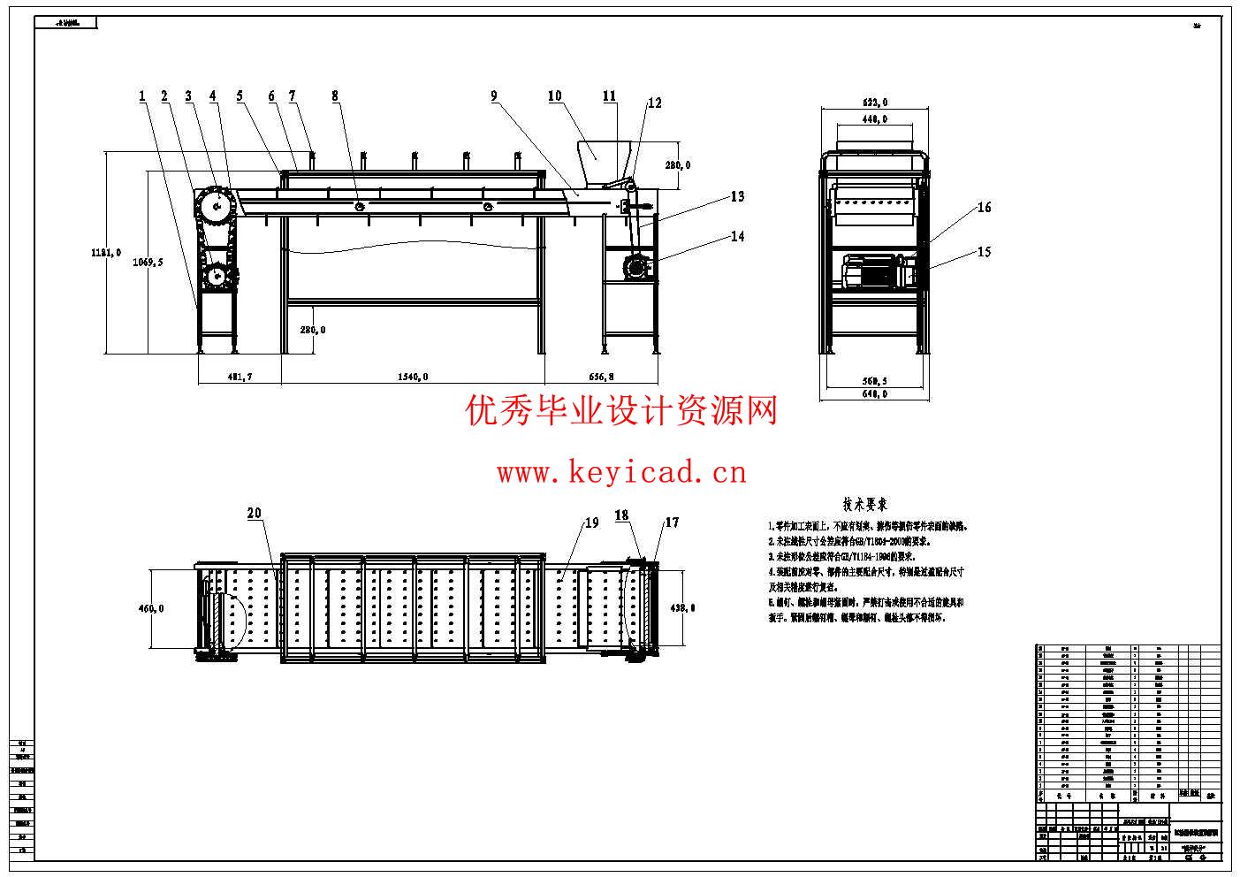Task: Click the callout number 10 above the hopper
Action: point(554,96)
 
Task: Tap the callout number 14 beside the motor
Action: point(737,236)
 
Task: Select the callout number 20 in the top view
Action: point(255,514)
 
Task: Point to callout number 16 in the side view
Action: point(984,208)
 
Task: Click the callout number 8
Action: point(335,95)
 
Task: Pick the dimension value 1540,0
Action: point(413,377)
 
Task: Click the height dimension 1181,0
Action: point(104,253)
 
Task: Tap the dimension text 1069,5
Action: point(148,263)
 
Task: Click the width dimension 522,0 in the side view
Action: point(873,103)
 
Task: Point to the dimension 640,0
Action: point(873,394)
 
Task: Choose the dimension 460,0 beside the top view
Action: point(149,608)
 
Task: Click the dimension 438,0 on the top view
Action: point(681,607)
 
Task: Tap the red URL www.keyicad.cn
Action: point(621,474)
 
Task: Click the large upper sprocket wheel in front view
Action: point(213,208)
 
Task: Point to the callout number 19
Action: point(591,522)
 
